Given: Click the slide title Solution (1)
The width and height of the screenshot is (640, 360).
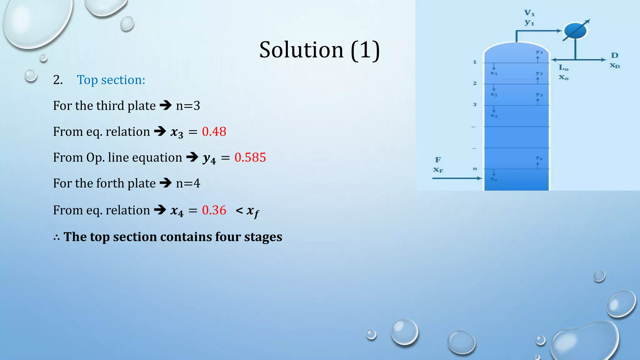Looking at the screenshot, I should tap(319, 50).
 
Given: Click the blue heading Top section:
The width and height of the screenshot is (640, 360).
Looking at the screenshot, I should tap(111, 80).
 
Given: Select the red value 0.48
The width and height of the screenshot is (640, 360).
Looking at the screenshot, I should tap(214, 132).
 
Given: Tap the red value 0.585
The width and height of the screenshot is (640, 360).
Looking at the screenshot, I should tap(250, 157).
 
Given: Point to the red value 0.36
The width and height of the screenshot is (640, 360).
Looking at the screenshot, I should tap(214, 210).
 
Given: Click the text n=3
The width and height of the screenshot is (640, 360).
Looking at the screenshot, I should tap(188, 106).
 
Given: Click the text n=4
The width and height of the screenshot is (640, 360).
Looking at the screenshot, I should tap(188, 183).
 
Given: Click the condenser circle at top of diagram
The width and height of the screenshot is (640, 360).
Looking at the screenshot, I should tap(575, 31).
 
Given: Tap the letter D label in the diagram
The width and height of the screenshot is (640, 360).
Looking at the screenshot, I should tap(615, 55).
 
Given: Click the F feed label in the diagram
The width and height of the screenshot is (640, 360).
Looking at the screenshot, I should tap(438, 160).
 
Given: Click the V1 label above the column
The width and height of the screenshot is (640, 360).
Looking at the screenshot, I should tap(529, 13).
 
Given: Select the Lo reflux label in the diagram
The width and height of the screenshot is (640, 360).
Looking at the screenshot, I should tap(563, 67).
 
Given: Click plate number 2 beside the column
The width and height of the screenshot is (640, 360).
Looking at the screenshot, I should tap(475, 83).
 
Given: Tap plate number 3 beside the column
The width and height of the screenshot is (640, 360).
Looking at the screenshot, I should tap(475, 104).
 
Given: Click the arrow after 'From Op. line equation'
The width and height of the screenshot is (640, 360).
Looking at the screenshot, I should tap(192, 157).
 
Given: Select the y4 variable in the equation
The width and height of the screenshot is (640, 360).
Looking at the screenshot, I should tap(209, 159).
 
